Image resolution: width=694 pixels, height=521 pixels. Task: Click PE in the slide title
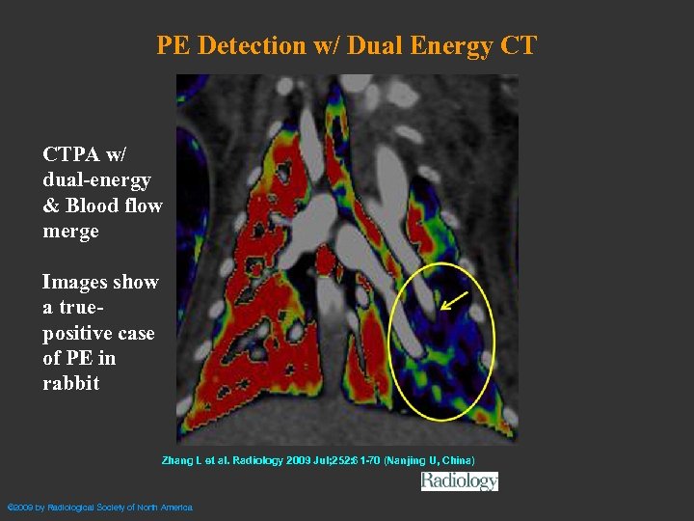pyautogui.click(x=173, y=45)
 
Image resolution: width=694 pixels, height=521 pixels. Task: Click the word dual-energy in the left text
pyautogui.click(x=96, y=180)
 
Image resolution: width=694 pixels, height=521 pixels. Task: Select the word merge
pyautogui.click(x=70, y=232)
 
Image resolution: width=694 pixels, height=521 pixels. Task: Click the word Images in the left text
pyautogui.click(x=73, y=282)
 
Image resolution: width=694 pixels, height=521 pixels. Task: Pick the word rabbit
pyautogui.click(x=70, y=383)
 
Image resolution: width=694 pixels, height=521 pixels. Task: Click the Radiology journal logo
pyautogui.click(x=460, y=480)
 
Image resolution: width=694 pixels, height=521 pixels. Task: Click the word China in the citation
pyautogui.click(x=456, y=460)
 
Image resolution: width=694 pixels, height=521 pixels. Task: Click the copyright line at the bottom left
pyautogui.click(x=100, y=507)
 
